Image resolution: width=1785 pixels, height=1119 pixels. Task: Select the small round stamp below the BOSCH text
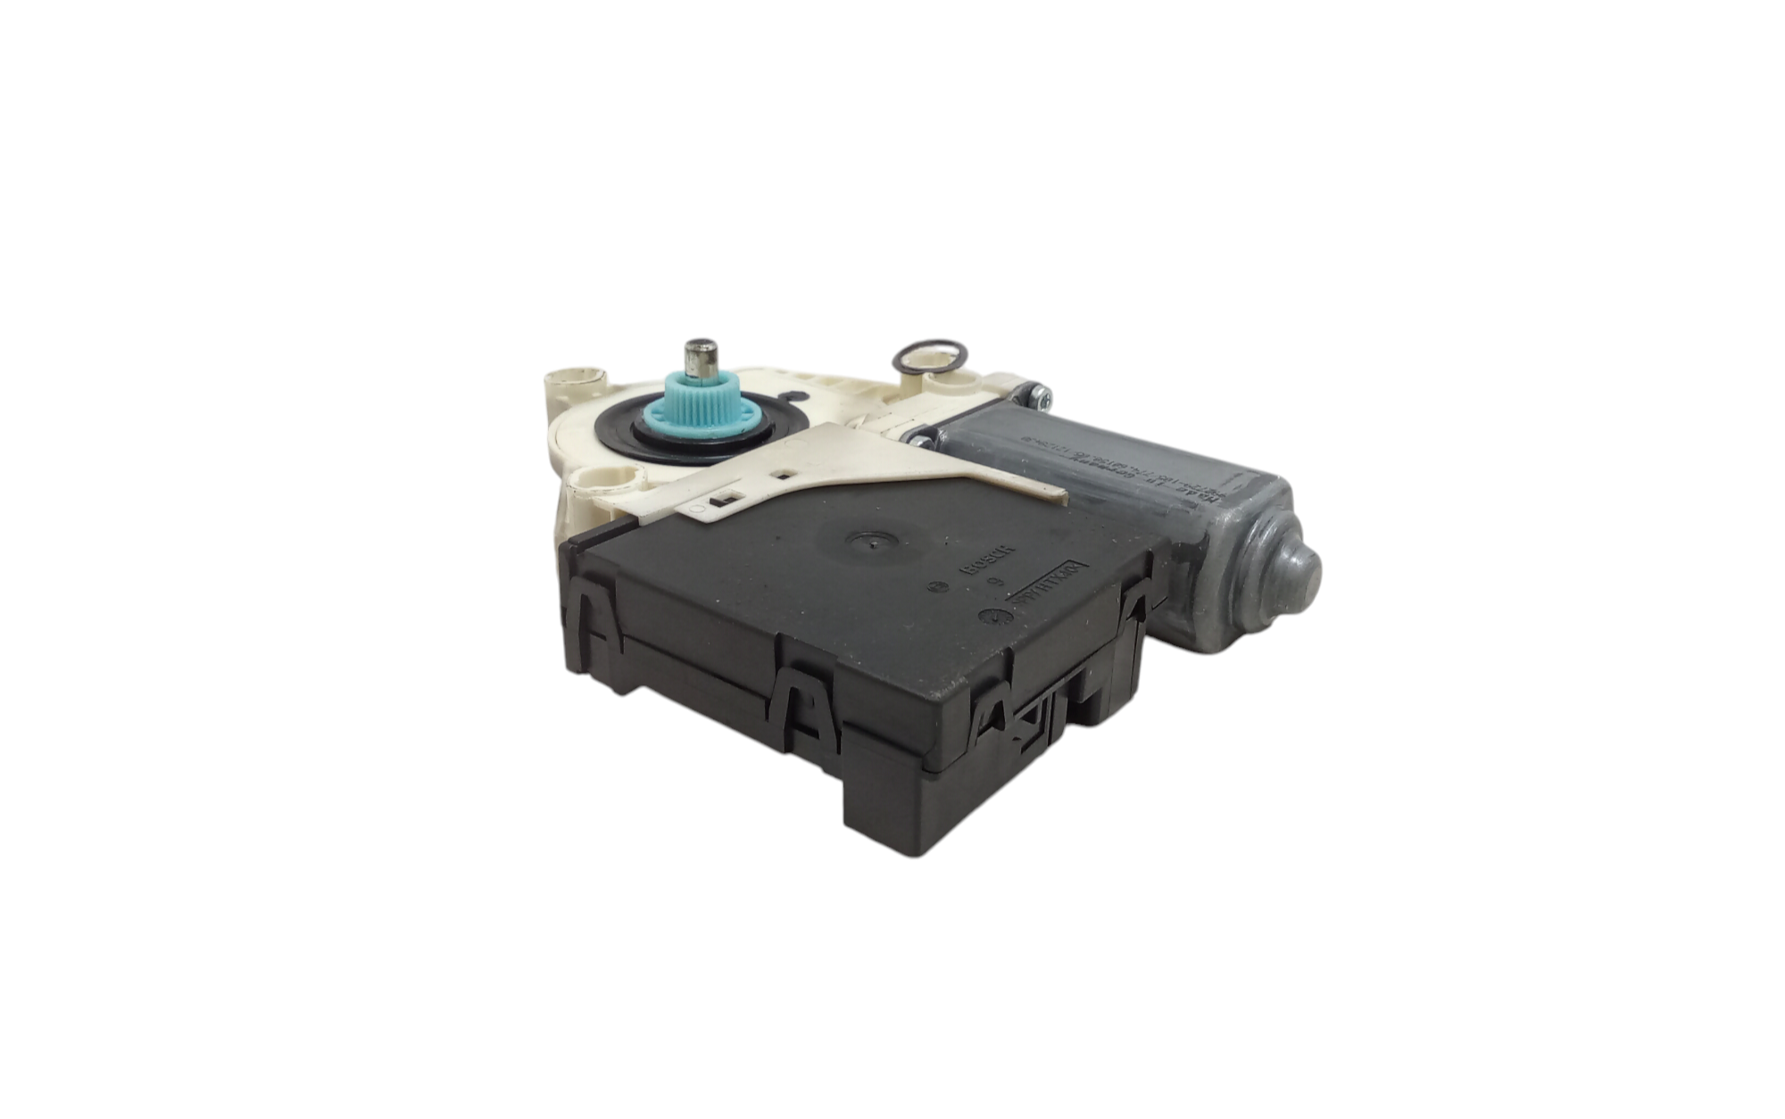point(937,588)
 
